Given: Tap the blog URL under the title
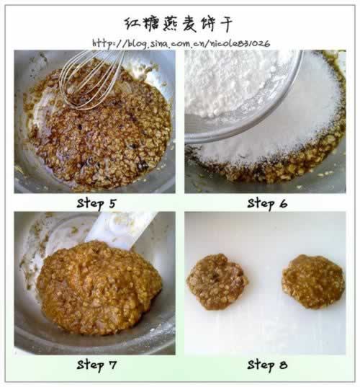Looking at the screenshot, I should (x=181, y=43).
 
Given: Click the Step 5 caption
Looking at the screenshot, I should (x=96, y=203).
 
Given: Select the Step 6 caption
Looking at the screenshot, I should (x=267, y=203).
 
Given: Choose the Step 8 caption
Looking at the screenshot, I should (x=267, y=365).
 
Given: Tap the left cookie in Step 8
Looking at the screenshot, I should (x=217, y=280).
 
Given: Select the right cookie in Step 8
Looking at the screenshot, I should (x=312, y=280).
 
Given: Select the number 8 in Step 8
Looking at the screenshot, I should (x=283, y=365).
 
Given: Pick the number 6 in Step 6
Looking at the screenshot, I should (x=283, y=203).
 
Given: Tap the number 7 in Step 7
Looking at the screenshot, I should (x=112, y=365).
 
